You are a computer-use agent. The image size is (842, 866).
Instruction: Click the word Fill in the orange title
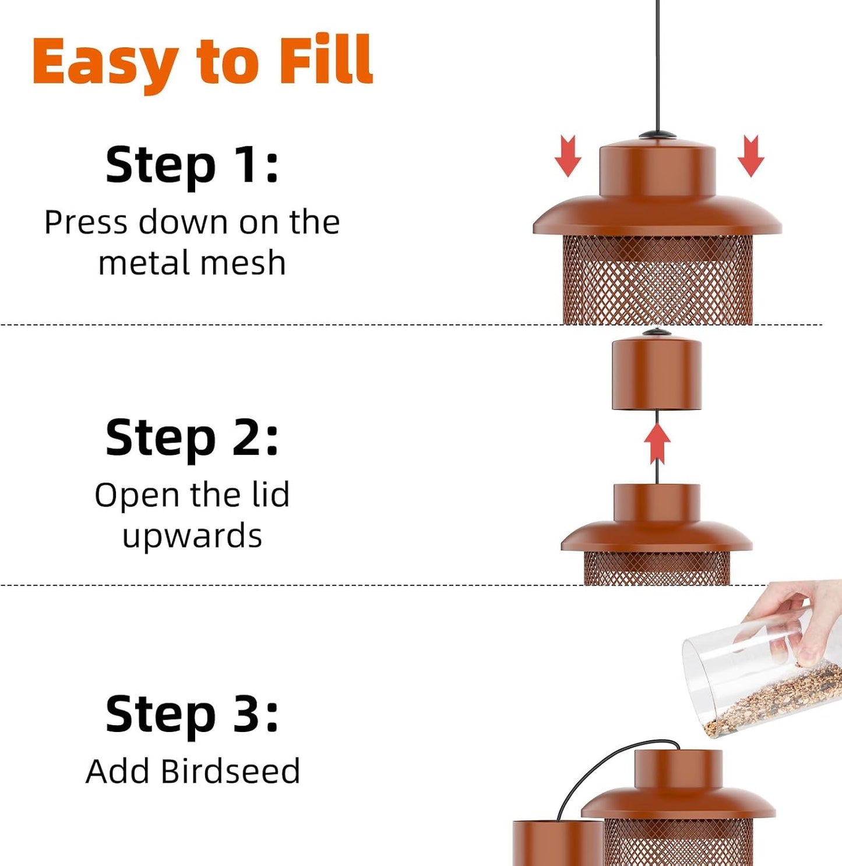point(325,61)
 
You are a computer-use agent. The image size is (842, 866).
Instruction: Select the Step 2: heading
point(192,438)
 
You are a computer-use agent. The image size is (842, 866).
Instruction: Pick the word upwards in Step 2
point(192,536)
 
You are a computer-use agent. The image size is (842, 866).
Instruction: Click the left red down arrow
point(568,155)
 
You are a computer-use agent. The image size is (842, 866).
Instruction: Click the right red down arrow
point(751,155)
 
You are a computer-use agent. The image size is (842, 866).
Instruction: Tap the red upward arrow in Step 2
point(657,443)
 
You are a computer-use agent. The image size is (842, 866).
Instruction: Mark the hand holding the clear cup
point(798,617)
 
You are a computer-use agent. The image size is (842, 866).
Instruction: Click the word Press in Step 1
point(86,222)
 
